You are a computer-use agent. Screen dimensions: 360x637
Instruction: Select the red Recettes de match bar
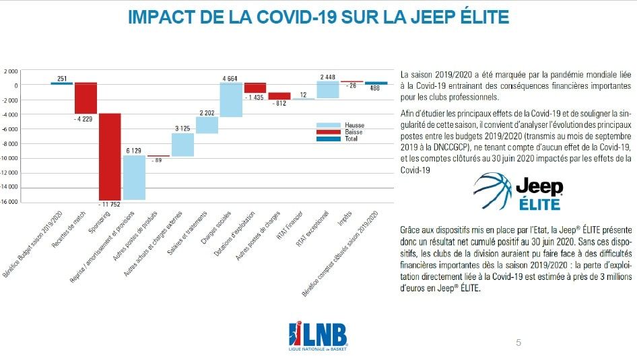coord(86,98)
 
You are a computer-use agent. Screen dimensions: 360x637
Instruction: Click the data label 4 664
coord(231,78)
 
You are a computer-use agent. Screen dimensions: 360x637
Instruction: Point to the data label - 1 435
coord(255,98)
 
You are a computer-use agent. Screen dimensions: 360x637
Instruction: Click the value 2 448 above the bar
coord(328,76)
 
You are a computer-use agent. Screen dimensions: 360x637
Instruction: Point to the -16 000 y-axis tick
coord(9,202)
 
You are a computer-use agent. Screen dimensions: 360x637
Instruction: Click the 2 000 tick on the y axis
coord(11,71)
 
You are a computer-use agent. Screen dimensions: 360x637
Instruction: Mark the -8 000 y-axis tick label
coord(10,143)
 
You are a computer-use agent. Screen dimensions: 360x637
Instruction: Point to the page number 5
coord(518,343)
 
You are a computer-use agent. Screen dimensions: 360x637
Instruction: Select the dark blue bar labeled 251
coord(61,83)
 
